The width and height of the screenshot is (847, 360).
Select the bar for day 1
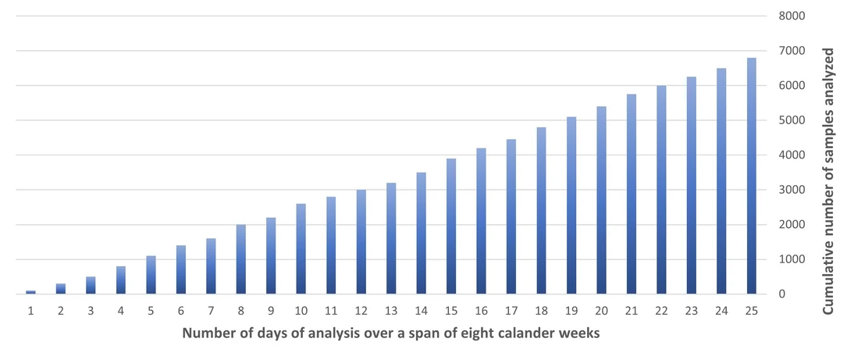coord(30,292)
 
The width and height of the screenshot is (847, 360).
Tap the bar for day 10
coord(301,249)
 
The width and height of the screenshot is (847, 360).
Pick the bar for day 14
coord(422,233)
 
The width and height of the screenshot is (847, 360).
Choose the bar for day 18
coord(542,211)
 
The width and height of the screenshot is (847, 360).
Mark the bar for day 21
coord(632,194)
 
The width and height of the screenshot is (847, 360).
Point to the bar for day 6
coord(181,269)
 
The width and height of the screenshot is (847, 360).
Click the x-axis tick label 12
coord(361,311)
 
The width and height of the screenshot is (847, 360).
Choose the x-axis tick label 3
coord(91,311)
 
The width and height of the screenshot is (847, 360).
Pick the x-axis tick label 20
coord(602,311)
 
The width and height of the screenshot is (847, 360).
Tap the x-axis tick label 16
coord(482,311)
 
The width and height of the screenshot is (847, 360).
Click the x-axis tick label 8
coord(241,311)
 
